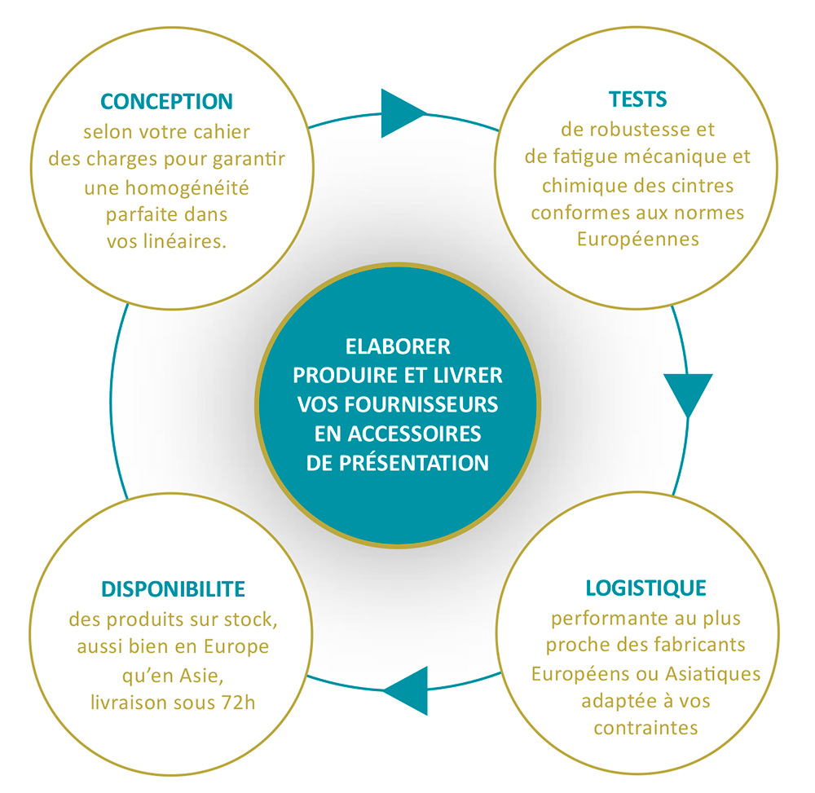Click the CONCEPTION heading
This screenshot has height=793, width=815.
[x=166, y=101]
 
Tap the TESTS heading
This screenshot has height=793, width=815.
[x=637, y=99]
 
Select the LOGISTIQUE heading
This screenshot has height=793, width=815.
[x=645, y=588]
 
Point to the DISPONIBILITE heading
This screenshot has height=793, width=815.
[x=174, y=588]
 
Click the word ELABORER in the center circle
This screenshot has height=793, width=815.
[x=398, y=346]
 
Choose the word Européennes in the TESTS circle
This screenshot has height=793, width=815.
[x=638, y=240]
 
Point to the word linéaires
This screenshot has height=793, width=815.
[x=184, y=242]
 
